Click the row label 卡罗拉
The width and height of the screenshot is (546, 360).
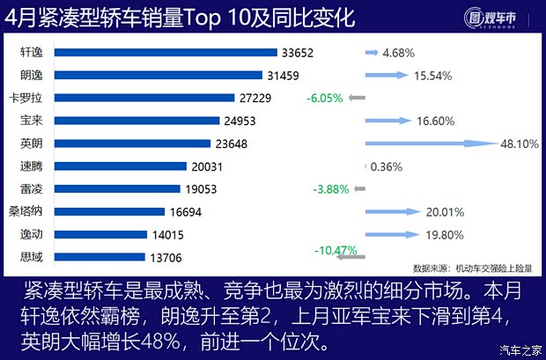coord(25,98)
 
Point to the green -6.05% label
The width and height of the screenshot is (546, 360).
coord(324,98)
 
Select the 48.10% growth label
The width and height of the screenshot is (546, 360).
coord(520,143)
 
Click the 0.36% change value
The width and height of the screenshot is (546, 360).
coord(387,165)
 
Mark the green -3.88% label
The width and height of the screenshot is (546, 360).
coord(331,188)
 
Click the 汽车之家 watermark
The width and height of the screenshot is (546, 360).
coord(519,350)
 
